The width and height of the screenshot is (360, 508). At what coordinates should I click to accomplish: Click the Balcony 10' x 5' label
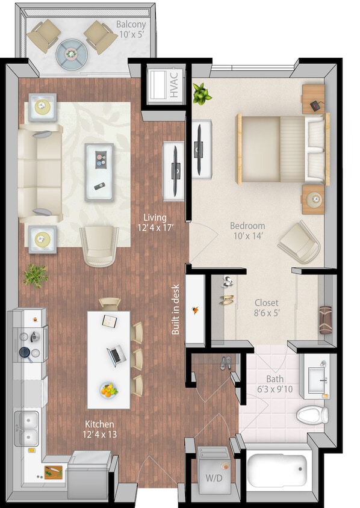[131, 30]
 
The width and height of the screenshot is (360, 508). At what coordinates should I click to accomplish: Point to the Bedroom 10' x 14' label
[247, 231]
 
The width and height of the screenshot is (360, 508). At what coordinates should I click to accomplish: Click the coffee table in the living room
[99, 172]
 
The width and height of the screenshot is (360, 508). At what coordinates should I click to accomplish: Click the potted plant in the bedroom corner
[202, 94]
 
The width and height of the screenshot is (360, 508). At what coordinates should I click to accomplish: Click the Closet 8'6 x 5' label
[265, 308]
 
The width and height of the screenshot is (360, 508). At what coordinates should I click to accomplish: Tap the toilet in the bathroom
[312, 414]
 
